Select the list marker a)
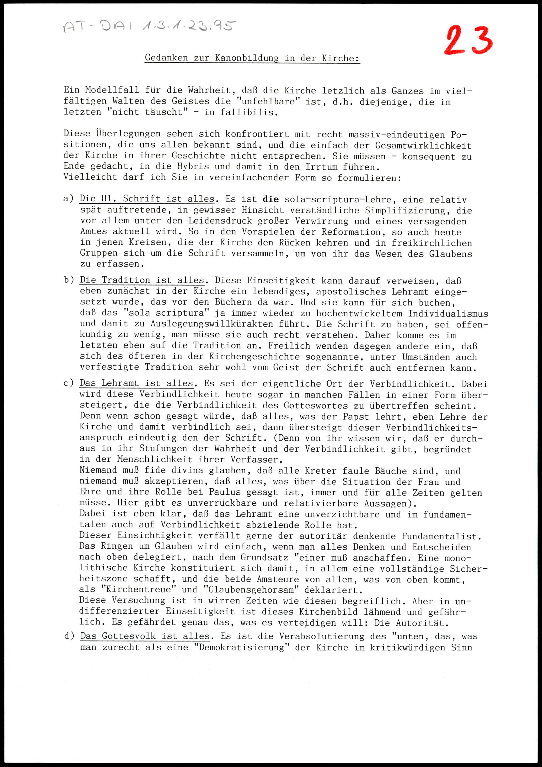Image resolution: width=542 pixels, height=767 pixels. [x=69, y=198]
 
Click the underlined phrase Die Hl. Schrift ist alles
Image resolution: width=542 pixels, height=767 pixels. [x=147, y=199]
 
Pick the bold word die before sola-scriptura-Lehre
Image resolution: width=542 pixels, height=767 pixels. [x=271, y=199]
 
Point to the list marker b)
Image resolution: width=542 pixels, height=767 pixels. [x=69, y=280]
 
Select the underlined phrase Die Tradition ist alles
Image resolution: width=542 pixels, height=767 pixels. [x=142, y=280]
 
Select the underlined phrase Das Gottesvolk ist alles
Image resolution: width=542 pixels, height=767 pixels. [x=145, y=636]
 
